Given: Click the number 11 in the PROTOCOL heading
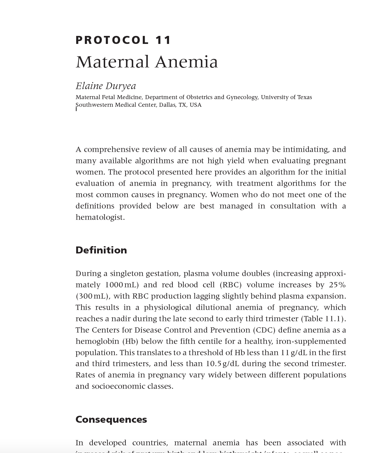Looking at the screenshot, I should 163,40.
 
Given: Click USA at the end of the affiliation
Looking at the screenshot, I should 195,105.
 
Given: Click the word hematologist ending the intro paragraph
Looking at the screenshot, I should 100,217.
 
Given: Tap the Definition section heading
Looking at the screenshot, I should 101,250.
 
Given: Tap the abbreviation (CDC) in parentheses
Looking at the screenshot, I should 264,330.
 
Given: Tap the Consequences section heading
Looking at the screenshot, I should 111,419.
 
